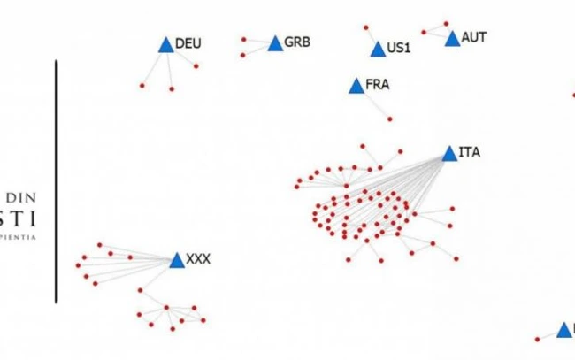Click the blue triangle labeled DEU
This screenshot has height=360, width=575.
tap(165, 45)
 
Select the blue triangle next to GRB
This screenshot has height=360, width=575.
tap(273, 43)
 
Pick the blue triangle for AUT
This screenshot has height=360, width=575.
tap(453, 39)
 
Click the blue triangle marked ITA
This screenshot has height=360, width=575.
tap(449, 154)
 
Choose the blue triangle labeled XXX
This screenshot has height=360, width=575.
tap(176, 260)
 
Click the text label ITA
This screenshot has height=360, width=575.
tap(470, 152)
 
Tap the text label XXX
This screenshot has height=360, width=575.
tap(198, 260)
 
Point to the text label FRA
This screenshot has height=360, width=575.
tap(377, 86)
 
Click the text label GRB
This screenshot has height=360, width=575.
tap(297, 42)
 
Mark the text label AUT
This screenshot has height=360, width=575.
tap(473, 38)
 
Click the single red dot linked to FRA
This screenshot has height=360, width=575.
tap(390, 119)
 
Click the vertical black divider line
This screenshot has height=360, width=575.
tap(57, 181)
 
